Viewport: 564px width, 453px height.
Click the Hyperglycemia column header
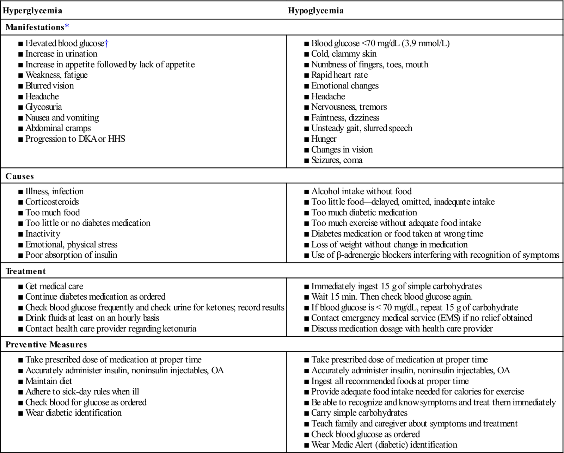pos(32,11)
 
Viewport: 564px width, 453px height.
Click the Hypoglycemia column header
pos(316,11)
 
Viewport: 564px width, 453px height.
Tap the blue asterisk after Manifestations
pos(67,27)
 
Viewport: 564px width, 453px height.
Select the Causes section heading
pos(20,176)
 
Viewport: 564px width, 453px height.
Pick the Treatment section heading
pos(26,271)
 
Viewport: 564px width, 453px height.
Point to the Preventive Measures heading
pos(46,344)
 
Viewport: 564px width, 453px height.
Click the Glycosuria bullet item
pos(43,107)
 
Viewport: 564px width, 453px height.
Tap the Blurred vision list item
pos(49,86)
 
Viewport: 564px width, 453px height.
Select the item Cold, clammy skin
pos(344,54)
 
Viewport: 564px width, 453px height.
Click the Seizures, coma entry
pos(337,160)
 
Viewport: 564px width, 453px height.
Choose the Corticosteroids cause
pos(52,202)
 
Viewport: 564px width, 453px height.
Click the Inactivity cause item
pos(43,234)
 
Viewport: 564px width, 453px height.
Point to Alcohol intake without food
pos(361,191)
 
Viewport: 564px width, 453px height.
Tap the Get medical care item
pos(54,286)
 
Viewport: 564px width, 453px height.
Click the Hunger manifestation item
pos(324,139)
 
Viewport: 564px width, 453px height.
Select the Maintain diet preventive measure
pos(49,381)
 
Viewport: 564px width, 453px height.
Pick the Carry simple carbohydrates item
pos(359,413)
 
